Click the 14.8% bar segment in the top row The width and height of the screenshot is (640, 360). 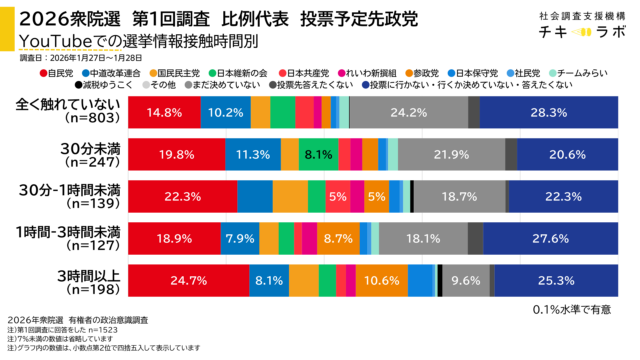click(162, 112)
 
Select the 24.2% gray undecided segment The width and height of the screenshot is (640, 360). click(409, 112)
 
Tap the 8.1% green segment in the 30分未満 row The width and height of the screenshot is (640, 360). click(317, 154)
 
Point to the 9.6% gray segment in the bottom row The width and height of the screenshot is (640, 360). click(465, 281)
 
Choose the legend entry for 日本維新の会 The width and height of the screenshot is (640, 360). click(239, 73)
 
